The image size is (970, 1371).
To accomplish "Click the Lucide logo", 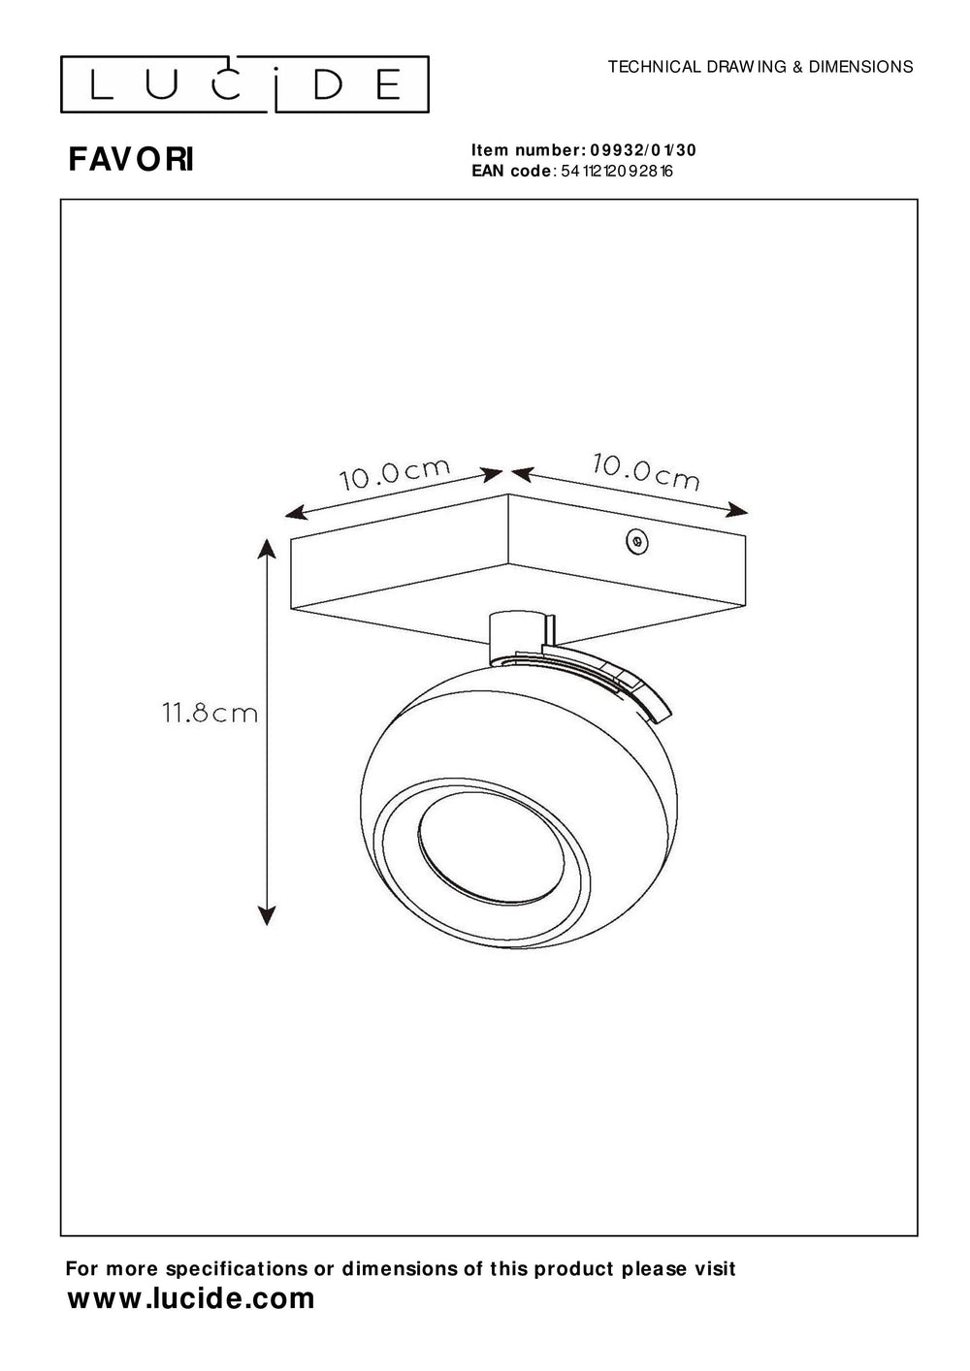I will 244,85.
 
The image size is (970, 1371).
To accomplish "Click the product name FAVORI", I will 131,160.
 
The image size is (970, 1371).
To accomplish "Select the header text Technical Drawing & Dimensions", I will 760,67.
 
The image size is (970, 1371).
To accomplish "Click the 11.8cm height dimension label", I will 210,715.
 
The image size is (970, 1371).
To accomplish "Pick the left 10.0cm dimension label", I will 395,474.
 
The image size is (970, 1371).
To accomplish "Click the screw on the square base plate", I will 637,543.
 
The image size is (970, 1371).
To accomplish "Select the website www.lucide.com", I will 191,1299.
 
